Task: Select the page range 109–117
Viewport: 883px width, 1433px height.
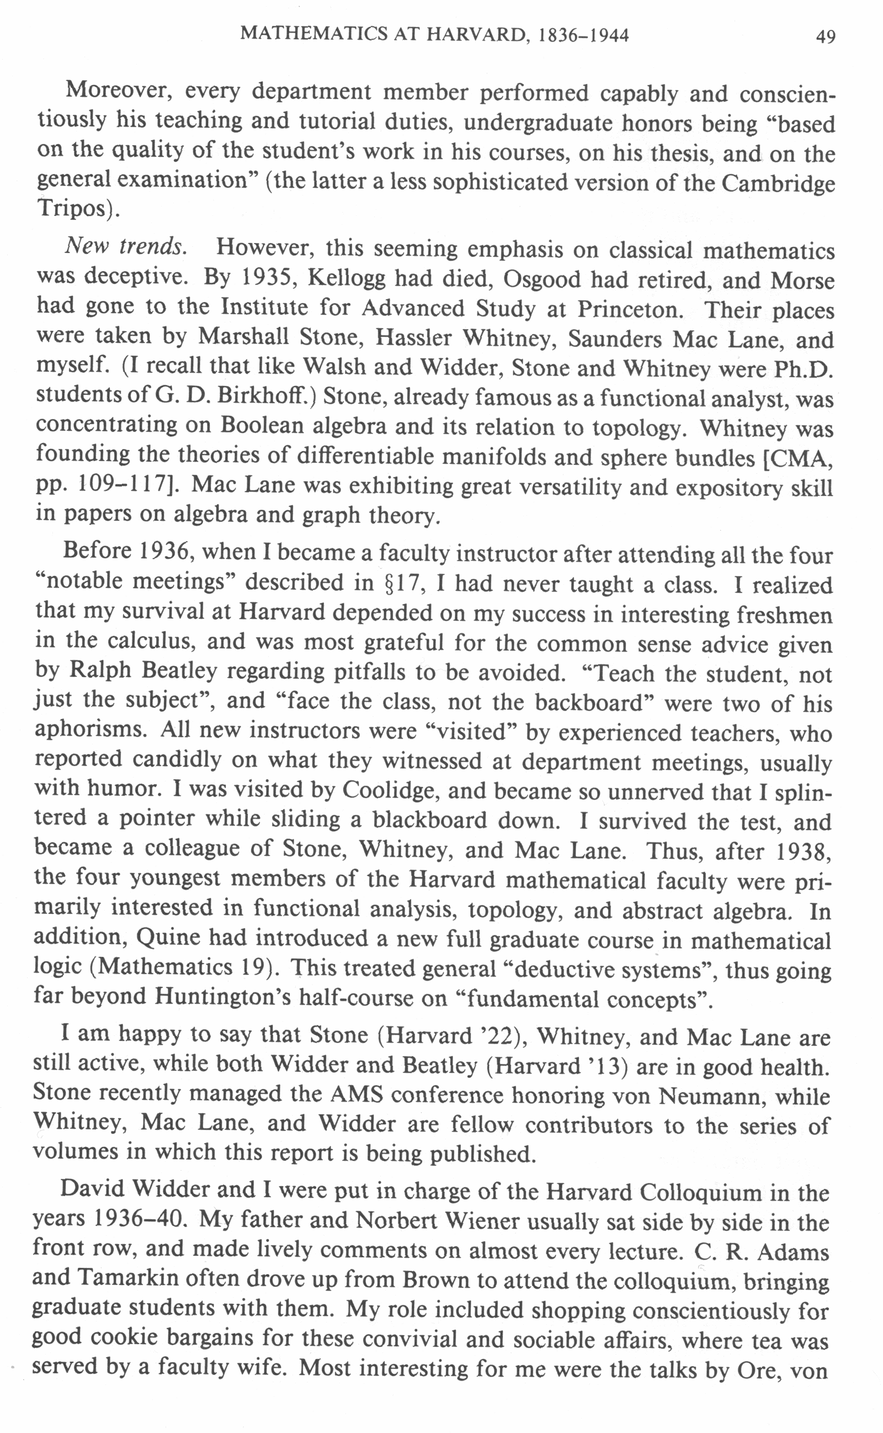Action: [119, 485]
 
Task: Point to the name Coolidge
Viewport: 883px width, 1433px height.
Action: [390, 790]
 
